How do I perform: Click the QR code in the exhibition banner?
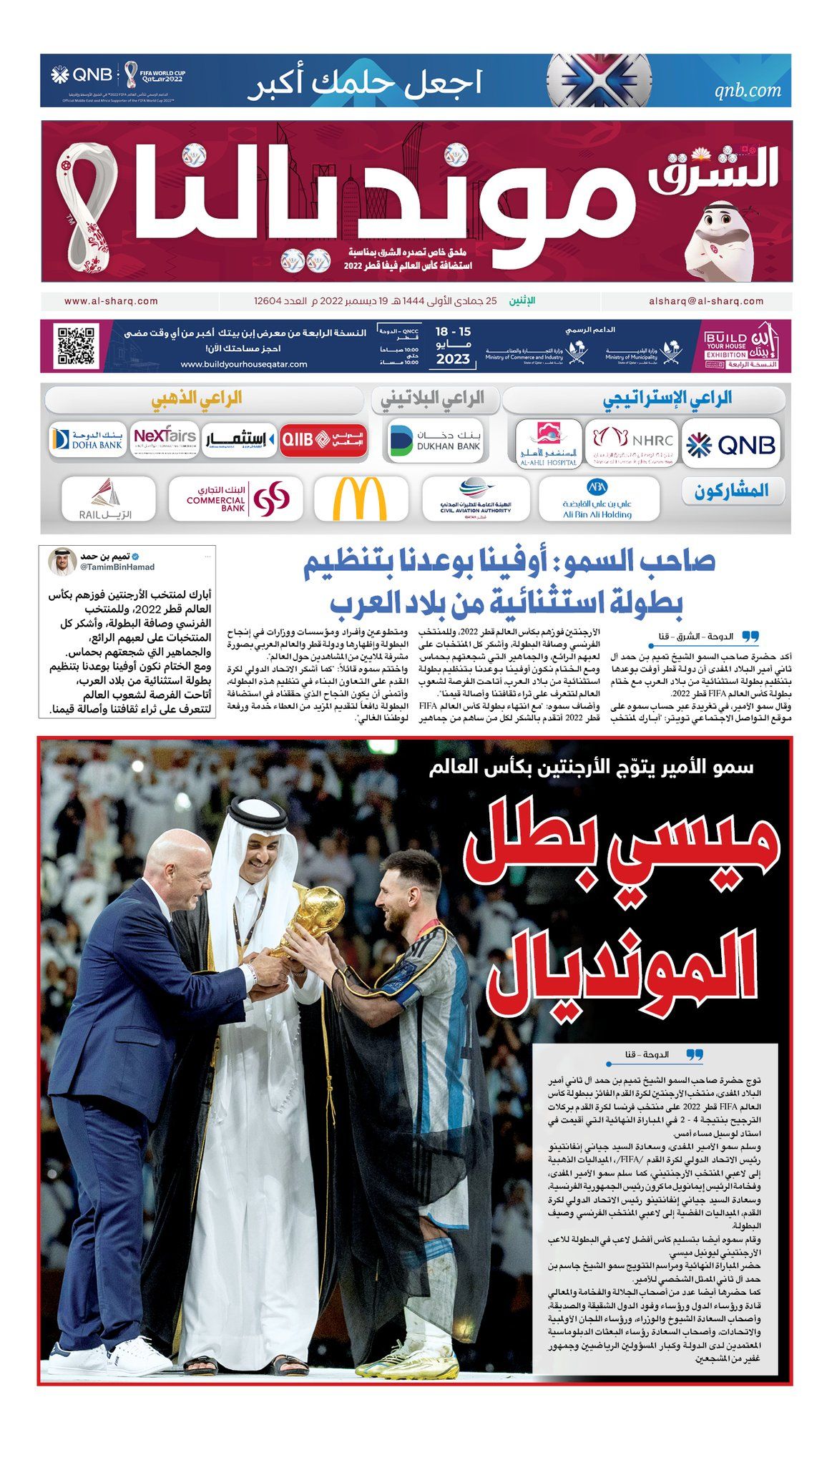point(76,346)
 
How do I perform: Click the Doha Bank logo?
point(87,440)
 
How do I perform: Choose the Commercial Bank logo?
point(236,499)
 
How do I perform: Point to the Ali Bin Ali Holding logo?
point(597,498)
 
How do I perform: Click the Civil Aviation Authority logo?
point(476,498)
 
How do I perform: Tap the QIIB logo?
point(323,440)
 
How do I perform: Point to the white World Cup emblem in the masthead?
point(88,208)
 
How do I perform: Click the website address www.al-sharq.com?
point(111,301)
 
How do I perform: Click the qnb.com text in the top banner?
point(748,90)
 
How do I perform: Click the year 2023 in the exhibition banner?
point(453,359)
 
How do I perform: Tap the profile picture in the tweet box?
point(62,562)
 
